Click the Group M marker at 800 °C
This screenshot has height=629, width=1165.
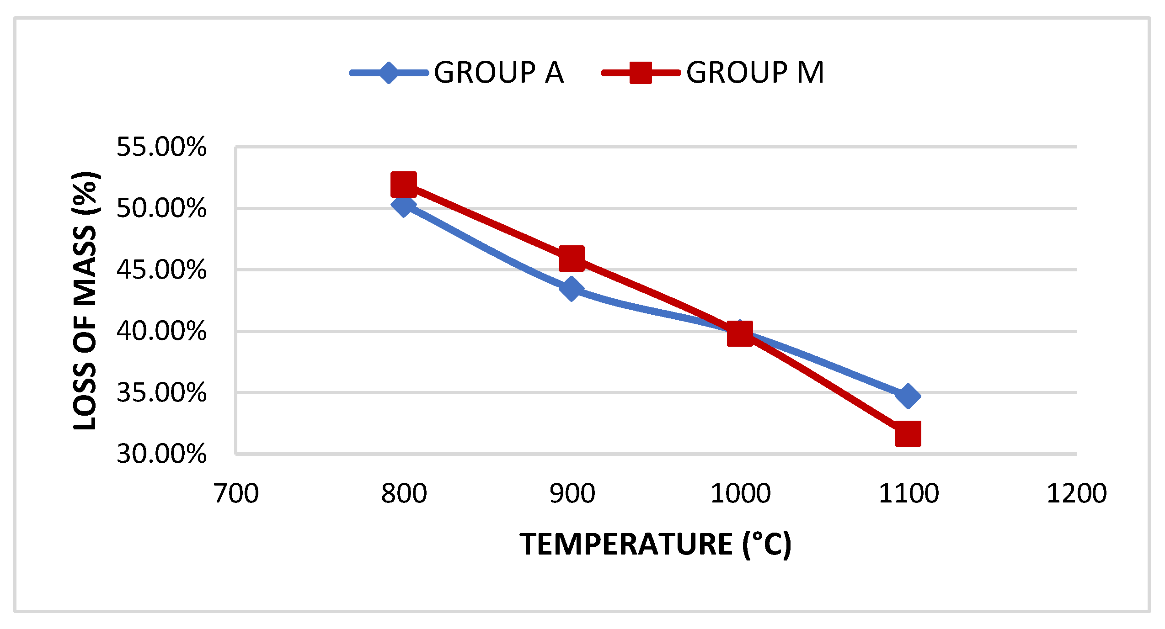404,184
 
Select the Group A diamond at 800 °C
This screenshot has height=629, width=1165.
404,205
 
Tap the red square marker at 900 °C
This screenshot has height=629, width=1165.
572,258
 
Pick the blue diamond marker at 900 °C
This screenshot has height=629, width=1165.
571,289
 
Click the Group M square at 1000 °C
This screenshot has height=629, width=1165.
740,333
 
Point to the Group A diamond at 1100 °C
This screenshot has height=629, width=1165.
908,396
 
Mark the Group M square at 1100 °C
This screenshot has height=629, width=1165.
908,433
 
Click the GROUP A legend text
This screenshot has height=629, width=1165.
499,73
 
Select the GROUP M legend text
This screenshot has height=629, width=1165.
755,73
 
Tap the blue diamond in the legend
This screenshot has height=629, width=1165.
389,73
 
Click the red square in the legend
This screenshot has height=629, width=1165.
641,73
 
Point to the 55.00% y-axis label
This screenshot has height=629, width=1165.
161,147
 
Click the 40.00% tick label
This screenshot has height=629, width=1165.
161,331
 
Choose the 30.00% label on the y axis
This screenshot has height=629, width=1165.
161,454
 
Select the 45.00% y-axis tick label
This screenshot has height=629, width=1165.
161,270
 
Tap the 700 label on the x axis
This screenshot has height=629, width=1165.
236,494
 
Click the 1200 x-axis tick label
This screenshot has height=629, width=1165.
1076,494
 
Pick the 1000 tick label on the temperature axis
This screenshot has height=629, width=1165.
740,494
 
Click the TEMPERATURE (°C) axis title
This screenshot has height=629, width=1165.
655,544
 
